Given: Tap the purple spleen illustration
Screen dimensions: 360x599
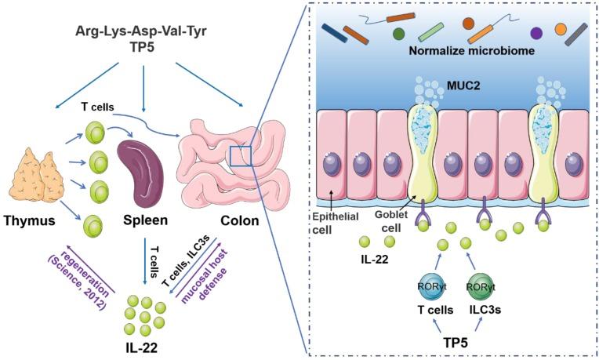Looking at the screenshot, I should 140,166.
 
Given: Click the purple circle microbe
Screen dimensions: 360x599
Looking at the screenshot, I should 536,33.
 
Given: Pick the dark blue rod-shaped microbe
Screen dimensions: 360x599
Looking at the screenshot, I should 336,33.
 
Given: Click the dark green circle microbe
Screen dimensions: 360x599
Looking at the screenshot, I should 398,34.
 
